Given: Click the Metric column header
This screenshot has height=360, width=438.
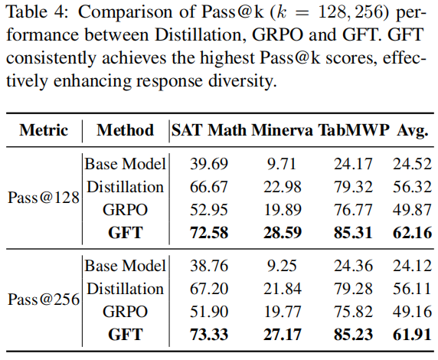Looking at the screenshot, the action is tap(44, 130).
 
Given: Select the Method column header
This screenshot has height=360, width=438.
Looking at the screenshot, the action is tap(125, 130).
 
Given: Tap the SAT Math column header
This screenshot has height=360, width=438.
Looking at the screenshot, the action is tap(209, 130).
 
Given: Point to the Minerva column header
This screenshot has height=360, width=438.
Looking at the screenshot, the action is tap(282, 130).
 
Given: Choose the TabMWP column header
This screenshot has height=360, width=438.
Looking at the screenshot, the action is tap(354, 130).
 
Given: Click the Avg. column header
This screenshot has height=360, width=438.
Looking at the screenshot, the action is tap(413, 130).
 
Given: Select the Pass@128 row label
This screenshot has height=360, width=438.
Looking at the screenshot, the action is tap(44, 198).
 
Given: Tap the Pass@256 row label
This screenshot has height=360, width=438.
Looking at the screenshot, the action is tap(44, 299).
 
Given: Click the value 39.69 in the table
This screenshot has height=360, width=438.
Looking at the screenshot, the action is tap(209, 163).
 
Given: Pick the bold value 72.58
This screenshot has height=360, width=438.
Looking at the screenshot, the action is tap(209, 233).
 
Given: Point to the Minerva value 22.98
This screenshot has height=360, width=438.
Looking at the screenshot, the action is tap(283, 187).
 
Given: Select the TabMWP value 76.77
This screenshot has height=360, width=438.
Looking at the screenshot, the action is tap(353, 210).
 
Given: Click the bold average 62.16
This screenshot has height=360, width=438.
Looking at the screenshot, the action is tap(412, 233).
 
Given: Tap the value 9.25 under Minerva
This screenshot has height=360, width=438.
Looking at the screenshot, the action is tap(282, 266).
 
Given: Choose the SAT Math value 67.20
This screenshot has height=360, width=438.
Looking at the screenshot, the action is tap(209, 289).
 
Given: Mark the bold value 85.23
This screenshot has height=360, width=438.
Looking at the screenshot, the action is tap(353, 334).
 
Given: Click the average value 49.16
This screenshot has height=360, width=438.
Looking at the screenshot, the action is tap(412, 312).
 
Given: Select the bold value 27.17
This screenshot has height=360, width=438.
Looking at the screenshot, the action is tap(283, 334).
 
